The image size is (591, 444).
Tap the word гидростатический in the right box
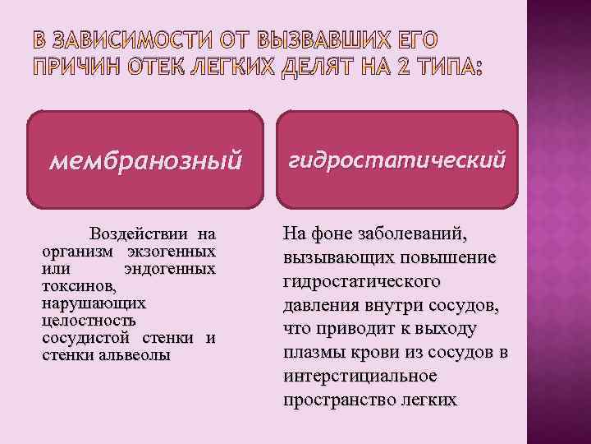pyautogui.click(x=396, y=158)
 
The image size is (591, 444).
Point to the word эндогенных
pyautogui.click(x=170, y=269)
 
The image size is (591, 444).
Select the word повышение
pyautogui.click(x=456, y=259)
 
